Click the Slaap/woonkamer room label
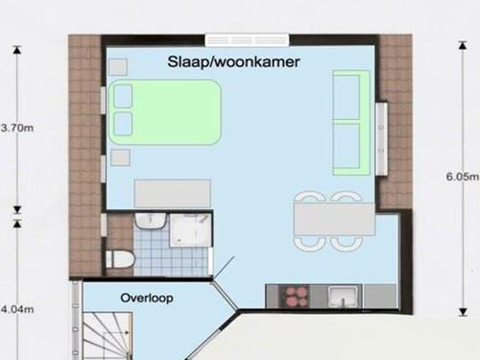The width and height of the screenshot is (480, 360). click(233, 61)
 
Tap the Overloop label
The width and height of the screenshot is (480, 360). click(147, 298)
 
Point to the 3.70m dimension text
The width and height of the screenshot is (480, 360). click(17, 128)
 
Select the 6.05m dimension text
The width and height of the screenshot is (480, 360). click(463, 177)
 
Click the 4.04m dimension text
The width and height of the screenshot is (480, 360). click(17, 309)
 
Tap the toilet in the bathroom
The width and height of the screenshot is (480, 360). click(119, 259)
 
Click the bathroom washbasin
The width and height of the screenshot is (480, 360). click(151, 221)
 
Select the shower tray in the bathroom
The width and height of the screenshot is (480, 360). click(190, 230)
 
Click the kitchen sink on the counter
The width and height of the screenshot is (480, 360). click(344, 297)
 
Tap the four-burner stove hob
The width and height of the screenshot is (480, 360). click(294, 297)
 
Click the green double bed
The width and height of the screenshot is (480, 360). click(165, 112)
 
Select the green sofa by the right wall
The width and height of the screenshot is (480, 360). click(351, 123)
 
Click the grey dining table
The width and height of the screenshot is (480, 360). click(335, 219)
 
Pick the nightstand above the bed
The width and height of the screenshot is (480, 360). click(118, 67)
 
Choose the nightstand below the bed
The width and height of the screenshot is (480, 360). click(120, 157)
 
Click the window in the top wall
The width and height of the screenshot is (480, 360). click(247, 39)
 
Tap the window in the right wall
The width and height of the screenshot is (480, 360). click(381, 139)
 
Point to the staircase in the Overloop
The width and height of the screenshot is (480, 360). click(108, 336)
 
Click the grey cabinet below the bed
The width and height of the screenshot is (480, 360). click(173, 193)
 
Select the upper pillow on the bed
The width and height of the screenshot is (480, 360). click(123, 96)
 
